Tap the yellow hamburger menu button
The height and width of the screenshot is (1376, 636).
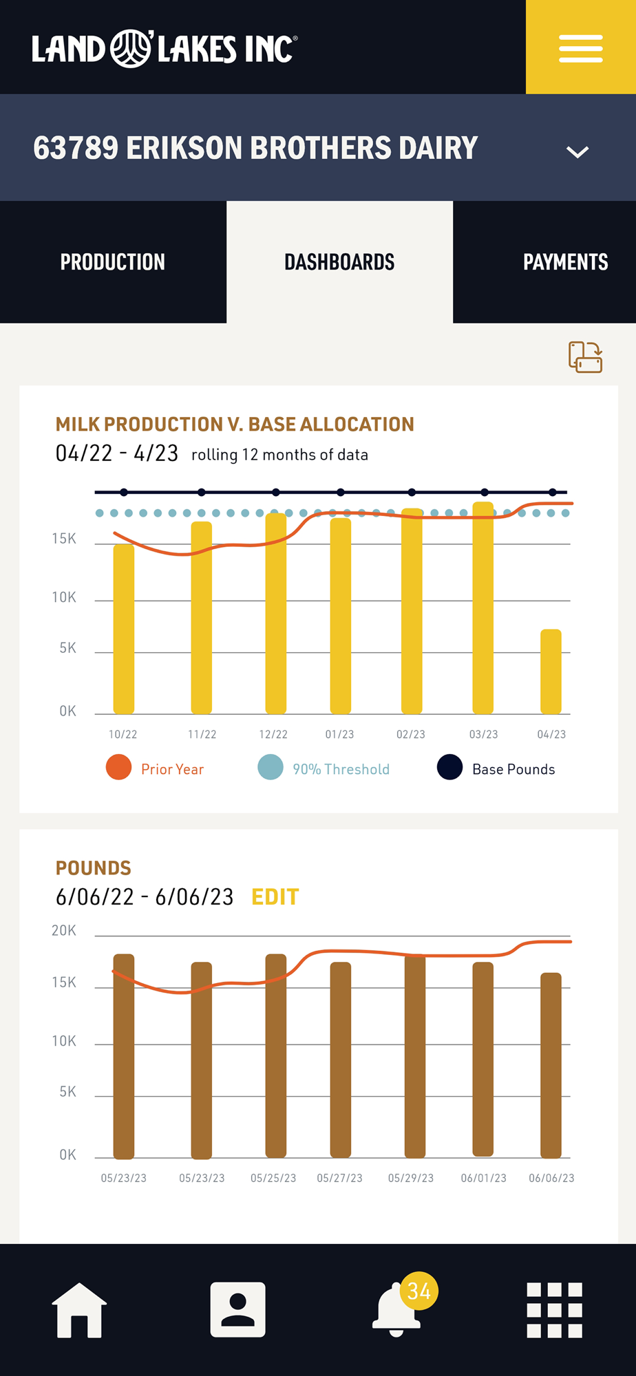click(x=580, y=48)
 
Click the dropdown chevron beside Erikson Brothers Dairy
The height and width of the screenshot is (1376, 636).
click(x=577, y=151)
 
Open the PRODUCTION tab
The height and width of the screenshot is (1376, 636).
click(x=113, y=262)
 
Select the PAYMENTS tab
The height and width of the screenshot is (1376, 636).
click(x=565, y=262)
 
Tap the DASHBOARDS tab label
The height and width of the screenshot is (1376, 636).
click(x=339, y=262)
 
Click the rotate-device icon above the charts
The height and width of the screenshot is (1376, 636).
click(x=585, y=357)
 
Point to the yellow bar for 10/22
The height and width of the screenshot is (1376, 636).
click(x=124, y=630)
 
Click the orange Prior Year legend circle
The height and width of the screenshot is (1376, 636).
click(x=118, y=767)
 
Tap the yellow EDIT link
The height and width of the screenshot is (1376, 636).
click(x=275, y=897)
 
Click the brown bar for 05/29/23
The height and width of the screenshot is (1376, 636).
click(x=414, y=1056)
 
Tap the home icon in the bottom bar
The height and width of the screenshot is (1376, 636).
click(x=79, y=1310)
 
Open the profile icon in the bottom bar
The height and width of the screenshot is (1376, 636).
click(x=237, y=1310)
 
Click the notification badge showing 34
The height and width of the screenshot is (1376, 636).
click(x=418, y=1291)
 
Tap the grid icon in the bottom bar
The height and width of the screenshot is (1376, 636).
click(x=554, y=1310)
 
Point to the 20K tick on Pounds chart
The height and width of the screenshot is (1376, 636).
click(x=64, y=931)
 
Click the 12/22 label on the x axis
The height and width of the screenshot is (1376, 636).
click(x=273, y=735)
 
